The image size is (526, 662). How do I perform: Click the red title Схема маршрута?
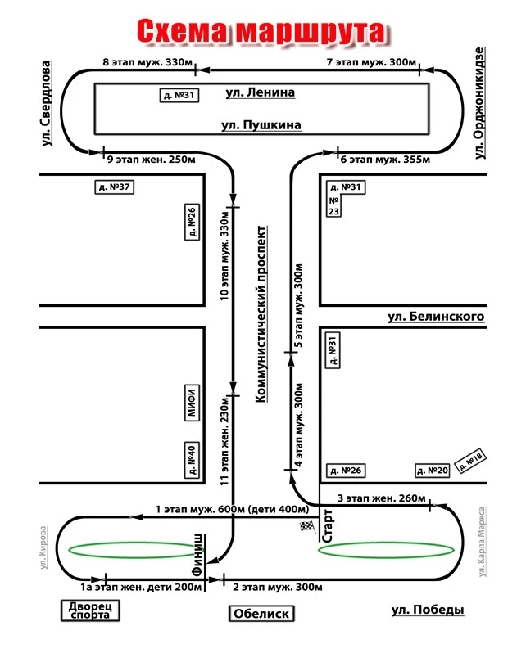click(259, 32)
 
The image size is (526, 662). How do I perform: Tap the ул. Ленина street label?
click(260, 93)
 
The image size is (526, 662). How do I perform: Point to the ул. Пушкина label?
click(261, 125)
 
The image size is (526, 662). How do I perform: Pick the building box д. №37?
click(115, 187)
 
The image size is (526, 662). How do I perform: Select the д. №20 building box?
click(433, 470)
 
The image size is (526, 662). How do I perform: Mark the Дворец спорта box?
click(90, 610)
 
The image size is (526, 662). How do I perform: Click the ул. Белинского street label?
click(436, 317)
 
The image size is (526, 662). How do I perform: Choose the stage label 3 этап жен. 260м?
click(382, 498)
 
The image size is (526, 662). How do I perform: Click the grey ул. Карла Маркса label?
click(483, 542)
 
